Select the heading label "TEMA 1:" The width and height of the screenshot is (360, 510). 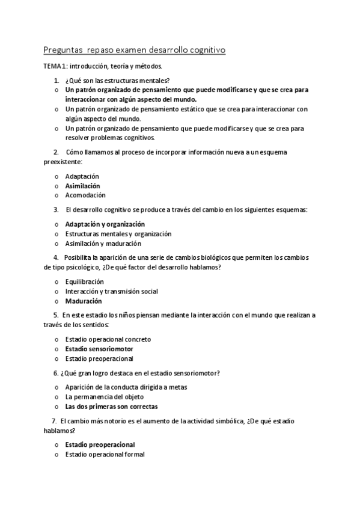tap(56, 66)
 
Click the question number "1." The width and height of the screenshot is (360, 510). tap(56, 81)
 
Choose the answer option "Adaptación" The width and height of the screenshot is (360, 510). tap(82, 176)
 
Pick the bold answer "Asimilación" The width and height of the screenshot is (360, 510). tap(83, 186)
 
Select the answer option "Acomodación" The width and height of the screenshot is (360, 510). tap(85, 195)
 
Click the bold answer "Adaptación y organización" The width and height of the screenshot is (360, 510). tap(105, 224)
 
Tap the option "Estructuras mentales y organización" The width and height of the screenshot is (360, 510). tap(118, 233)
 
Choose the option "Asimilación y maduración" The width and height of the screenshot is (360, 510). tap(103, 244)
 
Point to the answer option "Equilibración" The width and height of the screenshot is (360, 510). tap(85, 281)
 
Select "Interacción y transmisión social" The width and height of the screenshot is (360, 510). tap(112, 291)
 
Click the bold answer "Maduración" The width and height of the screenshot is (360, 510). tap(84, 301)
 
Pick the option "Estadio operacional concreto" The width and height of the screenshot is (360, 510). tap(108, 339)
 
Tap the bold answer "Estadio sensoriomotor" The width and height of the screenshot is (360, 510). tap(99, 349)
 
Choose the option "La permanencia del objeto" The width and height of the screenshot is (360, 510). tap(105, 397)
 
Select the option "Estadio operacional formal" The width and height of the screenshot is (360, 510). tap(105, 455)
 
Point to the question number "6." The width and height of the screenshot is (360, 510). tap(56, 373)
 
